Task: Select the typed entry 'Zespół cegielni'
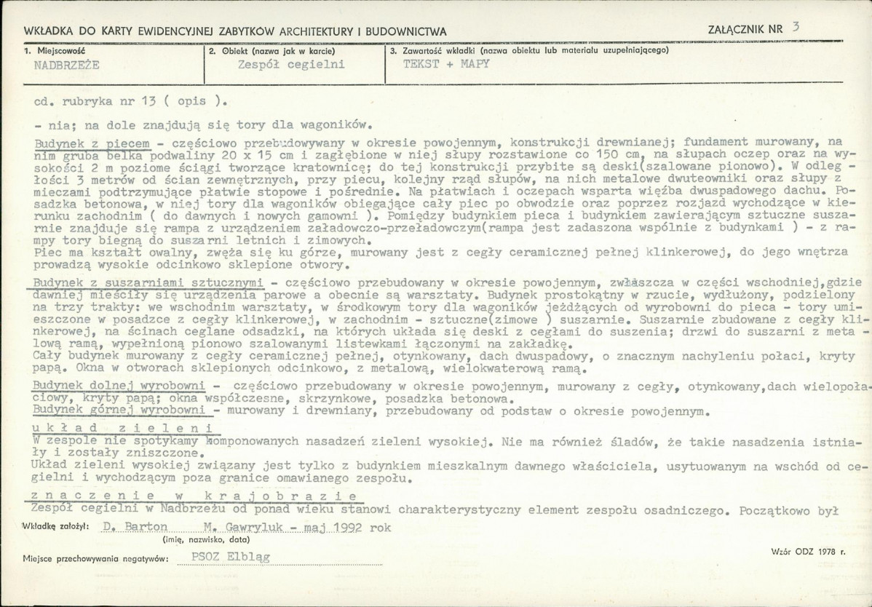(291, 64)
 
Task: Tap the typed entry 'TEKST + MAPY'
(446, 63)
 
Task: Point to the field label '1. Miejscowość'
(55, 51)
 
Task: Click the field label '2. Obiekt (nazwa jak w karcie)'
(271, 51)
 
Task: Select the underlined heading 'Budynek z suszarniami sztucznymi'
(148, 282)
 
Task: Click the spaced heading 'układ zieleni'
(121, 428)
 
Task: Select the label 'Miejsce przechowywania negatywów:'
(95, 558)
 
